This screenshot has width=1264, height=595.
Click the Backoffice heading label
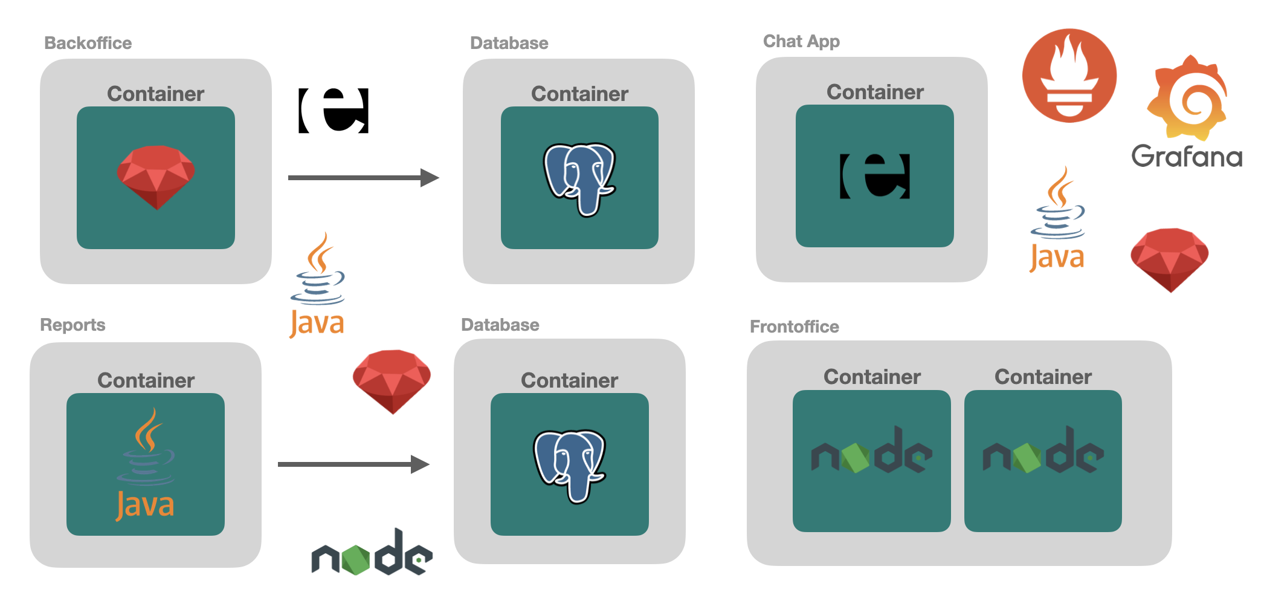[x=88, y=43]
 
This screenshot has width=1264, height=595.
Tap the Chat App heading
[x=801, y=41]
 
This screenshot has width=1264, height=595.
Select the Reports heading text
[x=73, y=325]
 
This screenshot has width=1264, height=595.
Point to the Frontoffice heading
[x=794, y=327]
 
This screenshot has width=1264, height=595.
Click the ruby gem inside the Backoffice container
[x=156, y=177]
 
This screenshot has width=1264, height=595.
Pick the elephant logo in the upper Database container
[x=579, y=179]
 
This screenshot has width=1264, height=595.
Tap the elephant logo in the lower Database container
[x=569, y=466]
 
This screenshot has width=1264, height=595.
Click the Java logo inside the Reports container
[x=146, y=464]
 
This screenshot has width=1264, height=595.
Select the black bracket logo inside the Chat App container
[x=874, y=176]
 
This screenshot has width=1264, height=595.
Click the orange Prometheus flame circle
[x=1069, y=76]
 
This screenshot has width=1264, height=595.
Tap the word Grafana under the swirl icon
[x=1187, y=156]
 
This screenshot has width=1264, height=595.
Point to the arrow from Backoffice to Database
[x=363, y=178]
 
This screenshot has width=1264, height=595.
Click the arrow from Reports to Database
[x=353, y=464]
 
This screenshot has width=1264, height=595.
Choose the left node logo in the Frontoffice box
[x=871, y=451]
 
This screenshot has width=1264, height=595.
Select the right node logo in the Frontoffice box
[x=1043, y=451]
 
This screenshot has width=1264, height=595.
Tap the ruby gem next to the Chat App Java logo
[x=1169, y=259]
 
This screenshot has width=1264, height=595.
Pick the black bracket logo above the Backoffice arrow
[x=334, y=110]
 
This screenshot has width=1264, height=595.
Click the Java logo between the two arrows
[x=317, y=284]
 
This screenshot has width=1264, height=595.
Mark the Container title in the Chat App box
[x=875, y=92]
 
